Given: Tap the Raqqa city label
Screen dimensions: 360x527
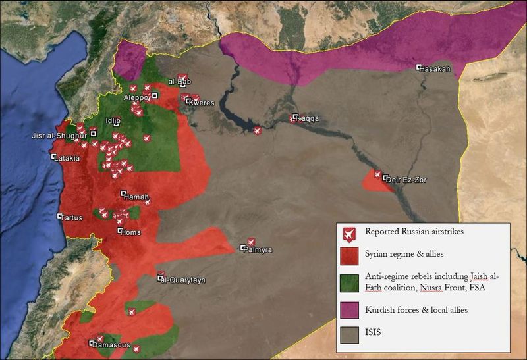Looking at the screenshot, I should pyautogui.click(x=308, y=119).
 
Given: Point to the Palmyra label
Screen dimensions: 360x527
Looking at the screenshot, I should pyautogui.click(x=260, y=250).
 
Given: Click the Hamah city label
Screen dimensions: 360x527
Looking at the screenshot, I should pyautogui.click(x=136, y=196).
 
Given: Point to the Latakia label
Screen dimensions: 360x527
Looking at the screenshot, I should pyautogui.click(x=69, y=159).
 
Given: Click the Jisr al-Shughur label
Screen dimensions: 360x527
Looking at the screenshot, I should pyautogui.click(x=59, y=136).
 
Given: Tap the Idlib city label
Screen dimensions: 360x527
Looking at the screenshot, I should pyautogui.click(x=113, y=121).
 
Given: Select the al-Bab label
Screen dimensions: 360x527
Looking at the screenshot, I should pyautogui.click(x=179, y=82).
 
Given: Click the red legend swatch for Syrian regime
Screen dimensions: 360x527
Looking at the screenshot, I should pyautogui.click(x=347, y=254).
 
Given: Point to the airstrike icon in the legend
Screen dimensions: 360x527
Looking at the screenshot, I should pyautogui.click(x=347, y=232).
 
